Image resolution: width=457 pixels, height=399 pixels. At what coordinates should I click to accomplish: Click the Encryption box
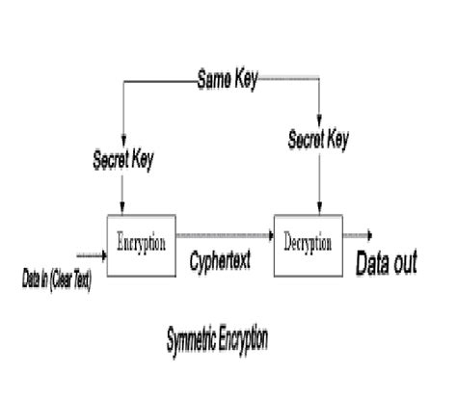point(141,240)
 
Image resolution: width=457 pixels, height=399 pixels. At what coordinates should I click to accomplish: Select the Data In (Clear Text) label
point(58,281)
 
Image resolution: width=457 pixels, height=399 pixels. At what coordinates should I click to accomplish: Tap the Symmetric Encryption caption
point(218,339)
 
